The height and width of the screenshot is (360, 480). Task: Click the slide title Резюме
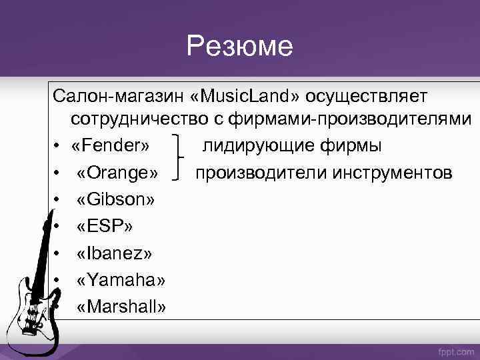tap(239, 46)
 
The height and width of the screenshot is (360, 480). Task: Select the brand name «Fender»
tap(111, 146)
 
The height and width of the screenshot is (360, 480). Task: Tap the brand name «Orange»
tap(117, 173)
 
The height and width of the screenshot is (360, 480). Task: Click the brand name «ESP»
tap(104, 227)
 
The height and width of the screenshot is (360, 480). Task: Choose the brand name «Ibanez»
tap(115, 253)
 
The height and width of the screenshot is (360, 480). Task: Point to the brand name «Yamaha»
tap(121, 280)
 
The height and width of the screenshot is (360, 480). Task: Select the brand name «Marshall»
tap(122, 307)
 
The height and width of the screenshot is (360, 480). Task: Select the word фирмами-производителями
tap(356, 120)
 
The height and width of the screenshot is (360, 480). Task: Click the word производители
tap(255, 173)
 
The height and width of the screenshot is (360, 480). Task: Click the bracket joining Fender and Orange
tap(179, 159)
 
